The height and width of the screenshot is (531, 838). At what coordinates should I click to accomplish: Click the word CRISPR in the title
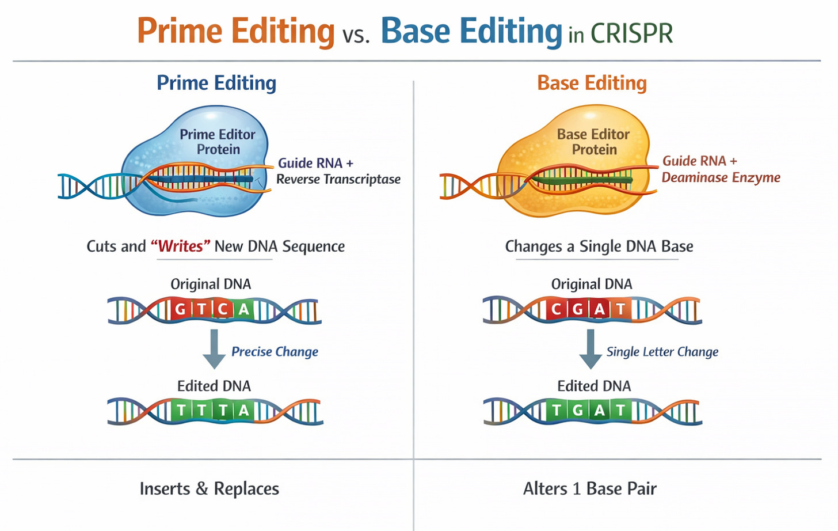point(631,33)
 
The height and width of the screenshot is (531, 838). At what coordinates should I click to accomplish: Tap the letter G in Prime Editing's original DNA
point(180,310)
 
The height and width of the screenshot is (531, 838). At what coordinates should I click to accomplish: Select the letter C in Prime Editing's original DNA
point(223,310)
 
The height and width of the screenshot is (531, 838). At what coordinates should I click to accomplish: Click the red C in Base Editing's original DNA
point(556,310)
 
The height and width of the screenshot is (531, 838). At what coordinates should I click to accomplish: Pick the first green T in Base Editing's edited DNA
point(556,411)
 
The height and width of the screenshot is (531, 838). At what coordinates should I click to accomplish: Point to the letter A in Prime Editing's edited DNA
point(244,411)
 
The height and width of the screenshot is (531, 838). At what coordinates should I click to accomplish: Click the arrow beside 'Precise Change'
point(214,348)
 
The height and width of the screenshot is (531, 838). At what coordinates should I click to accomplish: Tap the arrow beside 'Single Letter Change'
point(590,348)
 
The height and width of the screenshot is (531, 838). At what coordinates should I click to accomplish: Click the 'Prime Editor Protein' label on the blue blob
point(217,142)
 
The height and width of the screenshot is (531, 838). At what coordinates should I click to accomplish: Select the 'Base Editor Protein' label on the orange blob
point(593,142)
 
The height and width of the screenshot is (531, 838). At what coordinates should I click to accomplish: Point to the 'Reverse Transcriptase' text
point(338,179)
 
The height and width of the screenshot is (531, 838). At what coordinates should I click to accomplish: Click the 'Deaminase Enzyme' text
point(721,177)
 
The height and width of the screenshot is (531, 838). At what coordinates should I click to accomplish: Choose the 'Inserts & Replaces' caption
point(209,489)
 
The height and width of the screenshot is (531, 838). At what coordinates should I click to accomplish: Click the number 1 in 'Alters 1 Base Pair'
point(576,489)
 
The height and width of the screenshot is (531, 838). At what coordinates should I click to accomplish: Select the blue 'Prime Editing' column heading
point(216,83)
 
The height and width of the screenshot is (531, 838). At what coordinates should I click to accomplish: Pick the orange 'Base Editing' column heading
point(592,83)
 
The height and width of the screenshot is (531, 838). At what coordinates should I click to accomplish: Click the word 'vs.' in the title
point(356,35)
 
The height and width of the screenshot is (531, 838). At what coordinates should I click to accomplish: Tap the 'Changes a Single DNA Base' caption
point(599,246)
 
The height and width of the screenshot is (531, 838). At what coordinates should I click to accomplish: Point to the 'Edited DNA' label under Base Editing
point(594,386)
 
